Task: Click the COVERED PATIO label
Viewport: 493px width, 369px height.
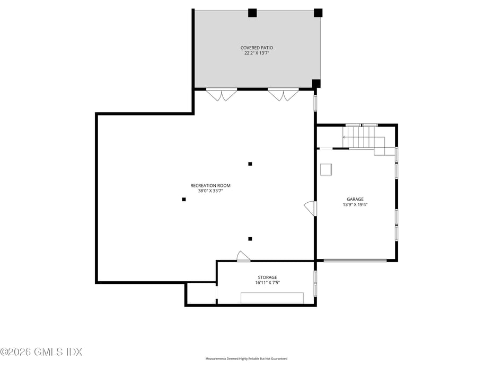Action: pos(257,48)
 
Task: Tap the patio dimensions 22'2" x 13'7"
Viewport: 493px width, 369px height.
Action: pos(257,53)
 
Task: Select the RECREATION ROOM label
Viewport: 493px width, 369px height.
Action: pos(210,185)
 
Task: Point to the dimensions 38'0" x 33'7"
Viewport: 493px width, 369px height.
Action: pos(210,191)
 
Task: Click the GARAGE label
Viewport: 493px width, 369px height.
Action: pos(355,200)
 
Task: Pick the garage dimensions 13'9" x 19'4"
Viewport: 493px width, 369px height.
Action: pos(355,205)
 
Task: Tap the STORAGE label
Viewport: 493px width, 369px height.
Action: pos(267,277)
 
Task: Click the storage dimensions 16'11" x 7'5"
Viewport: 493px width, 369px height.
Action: pos(267,283)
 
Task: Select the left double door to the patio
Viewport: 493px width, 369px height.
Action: pos(222,95)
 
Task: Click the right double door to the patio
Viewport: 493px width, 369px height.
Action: pos(283,95)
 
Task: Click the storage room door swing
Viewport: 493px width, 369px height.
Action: pos(243,256)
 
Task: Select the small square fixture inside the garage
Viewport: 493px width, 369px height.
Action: pos(326,169)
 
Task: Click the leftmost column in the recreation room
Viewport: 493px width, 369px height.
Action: pos(184,199)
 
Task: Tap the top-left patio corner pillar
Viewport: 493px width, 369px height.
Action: pos(252,13)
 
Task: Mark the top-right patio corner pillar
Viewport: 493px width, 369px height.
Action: pos(318,13)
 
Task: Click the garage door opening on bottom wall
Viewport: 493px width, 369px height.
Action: pos(355,260)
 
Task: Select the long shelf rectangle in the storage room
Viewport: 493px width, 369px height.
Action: pos(272,298)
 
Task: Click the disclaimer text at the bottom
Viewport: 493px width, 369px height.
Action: pos(247,359)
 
